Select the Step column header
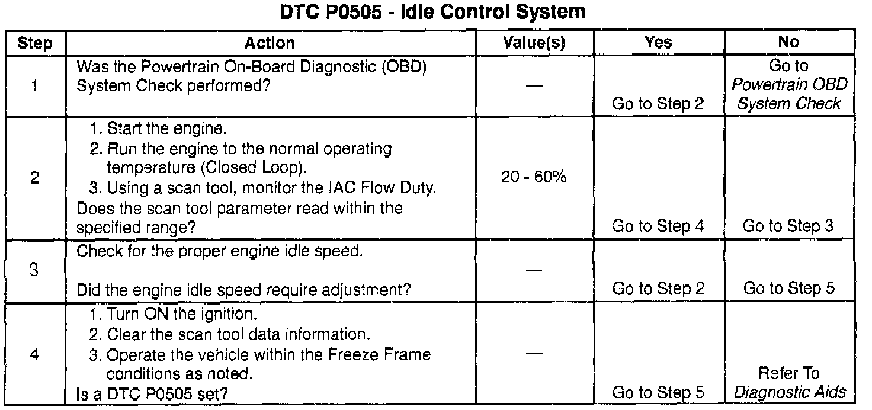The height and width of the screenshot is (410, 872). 34,43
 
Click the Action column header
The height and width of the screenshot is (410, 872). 270,43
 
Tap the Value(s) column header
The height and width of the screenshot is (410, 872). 534,43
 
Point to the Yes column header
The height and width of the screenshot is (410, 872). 658,43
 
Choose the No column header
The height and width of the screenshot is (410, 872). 789,43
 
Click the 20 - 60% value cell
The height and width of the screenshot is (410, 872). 534,178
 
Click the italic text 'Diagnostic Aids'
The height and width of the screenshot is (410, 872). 789,392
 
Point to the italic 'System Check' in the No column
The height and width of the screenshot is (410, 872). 789,104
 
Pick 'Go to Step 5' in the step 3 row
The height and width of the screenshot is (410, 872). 789,289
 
